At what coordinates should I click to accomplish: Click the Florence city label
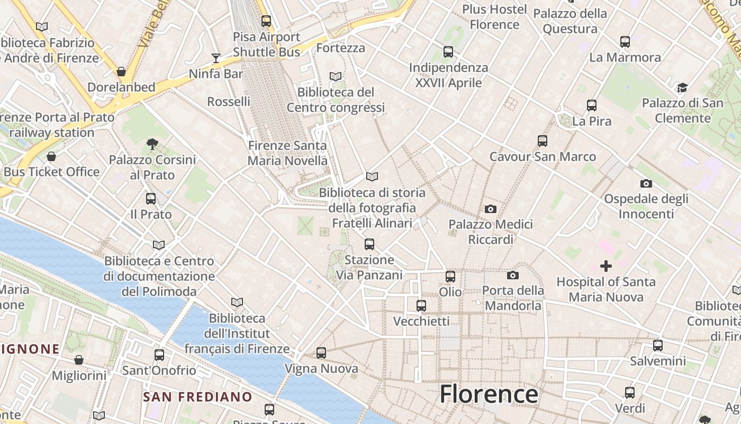pyautogui.click(x=489, y=395)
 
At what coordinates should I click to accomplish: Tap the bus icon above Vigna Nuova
pyautogui.click(x=321, y=353)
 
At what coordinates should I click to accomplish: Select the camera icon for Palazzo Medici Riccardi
pyautogui.click(x=491, y=209)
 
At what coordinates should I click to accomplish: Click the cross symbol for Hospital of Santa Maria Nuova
pyautogui.click(x=606, y=266)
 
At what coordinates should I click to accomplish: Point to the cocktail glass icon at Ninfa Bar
pyautogui.click(x=216, y=58)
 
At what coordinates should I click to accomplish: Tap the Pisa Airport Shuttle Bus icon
pyautogui.click(x=266, y=21)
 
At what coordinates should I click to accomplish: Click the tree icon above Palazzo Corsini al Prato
pyautogui.click(x=152, y=144)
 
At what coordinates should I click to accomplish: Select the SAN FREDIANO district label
pyautogui.click(x=198, y=397)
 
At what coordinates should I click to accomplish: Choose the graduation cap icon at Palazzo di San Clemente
pyautogui.click(x=682, y=87)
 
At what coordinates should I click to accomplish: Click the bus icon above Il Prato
pyautogui.click(x=151, y=199)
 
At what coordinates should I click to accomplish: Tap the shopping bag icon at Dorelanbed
pyautogui.click(x=121, y=72)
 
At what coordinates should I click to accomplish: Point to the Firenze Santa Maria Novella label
pyautogui.click(x=287, y=153)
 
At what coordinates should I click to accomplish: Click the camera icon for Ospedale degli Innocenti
pyautogui.click(x=646, y=184)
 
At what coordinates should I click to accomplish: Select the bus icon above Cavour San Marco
pyautogui.click(x=543, y=141)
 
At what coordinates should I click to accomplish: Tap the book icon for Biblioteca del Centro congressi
pyautogui.click(x=336, y=76)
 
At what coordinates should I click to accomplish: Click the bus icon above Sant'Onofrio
pyautogui.click(x=159, y=355)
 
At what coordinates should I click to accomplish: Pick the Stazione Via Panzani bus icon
pyautogui.click(x=369, y=244)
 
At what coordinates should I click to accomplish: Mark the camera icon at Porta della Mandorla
pyautogui.click(x=513, y=276)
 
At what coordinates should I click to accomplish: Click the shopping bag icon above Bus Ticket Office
pyautogui.click(x=51, y=156)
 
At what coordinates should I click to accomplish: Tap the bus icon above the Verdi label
pyautogui.click(x=630, y=393)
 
